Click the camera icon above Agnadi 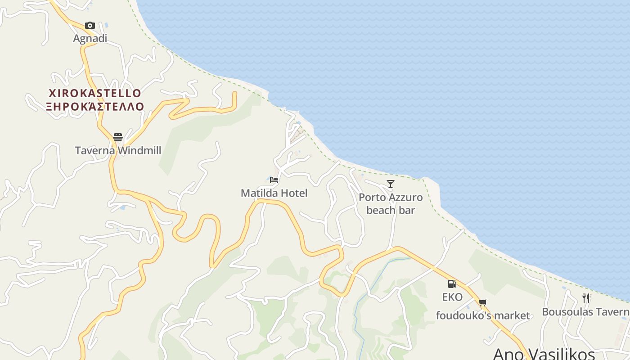pos(90,25)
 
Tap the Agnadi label pos(90,38)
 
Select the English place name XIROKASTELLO pos(94,94)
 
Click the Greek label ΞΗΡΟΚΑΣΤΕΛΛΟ pos(94,107)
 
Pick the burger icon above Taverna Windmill pos(118,137)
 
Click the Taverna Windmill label pos(118,150)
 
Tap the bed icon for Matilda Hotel pos(274,180)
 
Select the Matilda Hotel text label pos(274,193)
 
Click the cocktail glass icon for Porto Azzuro pos(391,184)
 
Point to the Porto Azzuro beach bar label pos(391,203)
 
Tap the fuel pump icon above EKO pos(452,284)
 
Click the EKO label pos(452,297)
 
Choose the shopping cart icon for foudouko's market pos(483,303)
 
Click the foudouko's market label pos(483,316)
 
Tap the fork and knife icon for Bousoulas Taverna pos(586,298)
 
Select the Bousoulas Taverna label pos(585,312)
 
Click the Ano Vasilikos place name pos(544,353)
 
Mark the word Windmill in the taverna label pos(139,150)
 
